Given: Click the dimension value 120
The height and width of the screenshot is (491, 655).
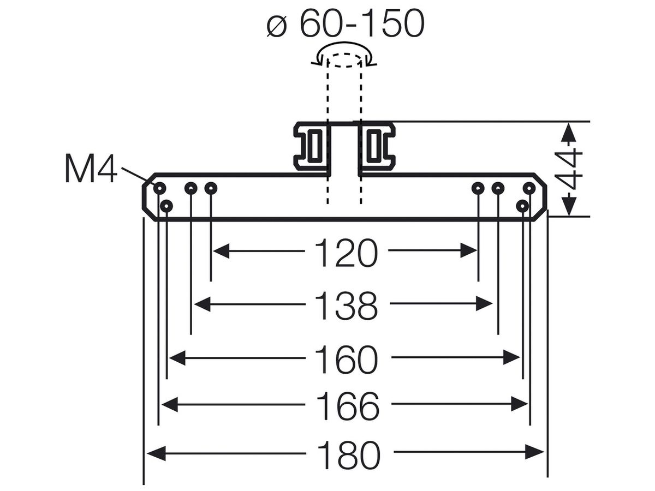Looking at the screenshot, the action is click(x=347, y=253).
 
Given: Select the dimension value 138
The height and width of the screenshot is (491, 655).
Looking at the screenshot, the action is click(x=347, y=306).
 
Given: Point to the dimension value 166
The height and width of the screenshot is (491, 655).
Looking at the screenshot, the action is click(x=348, y=405).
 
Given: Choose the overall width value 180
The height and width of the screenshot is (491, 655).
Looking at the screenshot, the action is click(x=349, y=455).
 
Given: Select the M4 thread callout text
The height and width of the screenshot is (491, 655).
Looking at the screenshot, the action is click(x=91, y=169).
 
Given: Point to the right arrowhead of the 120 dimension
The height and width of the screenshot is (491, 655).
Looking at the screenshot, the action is click(x=469, y=250).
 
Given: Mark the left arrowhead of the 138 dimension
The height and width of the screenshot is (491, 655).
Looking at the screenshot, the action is click(x=203, y=304).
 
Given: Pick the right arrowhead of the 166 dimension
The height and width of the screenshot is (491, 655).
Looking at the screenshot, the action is click(x=520, y=404).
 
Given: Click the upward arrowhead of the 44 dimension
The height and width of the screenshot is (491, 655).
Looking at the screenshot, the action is click(x=568, y=133).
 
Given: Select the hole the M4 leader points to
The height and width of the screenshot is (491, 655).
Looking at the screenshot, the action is click(x=159, y=188).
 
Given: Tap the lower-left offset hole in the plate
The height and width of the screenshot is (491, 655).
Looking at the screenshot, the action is click(x=166, y=206).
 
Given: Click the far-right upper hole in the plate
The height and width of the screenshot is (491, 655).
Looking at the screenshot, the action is click(x=529, y=188).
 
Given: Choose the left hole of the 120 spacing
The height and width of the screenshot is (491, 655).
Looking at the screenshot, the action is click(x=211, y=188).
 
